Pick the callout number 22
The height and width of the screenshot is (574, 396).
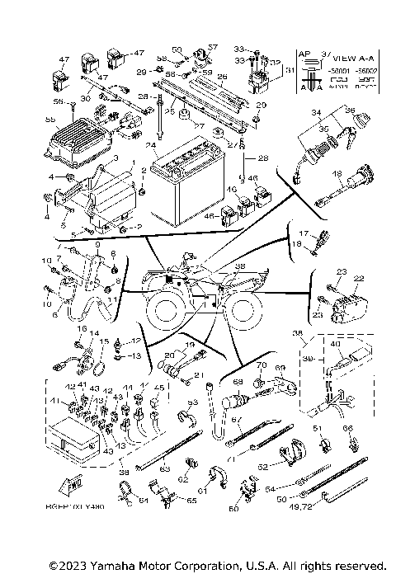point(359,278)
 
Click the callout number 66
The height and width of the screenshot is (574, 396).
point(347,429)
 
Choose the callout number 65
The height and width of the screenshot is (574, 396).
point(191,501)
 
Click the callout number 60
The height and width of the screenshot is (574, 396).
point(233,509)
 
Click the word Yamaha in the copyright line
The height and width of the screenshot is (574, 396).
point(118,566)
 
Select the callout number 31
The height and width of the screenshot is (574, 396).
point(289,71)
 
